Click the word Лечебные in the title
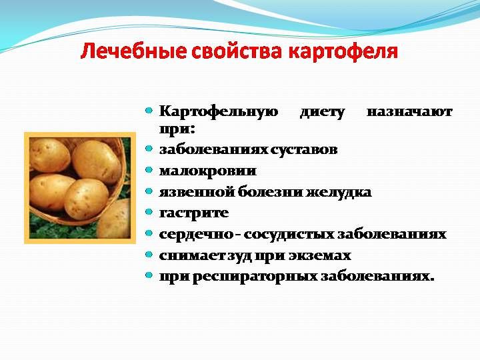pos(133,51)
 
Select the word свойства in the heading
pos(236,51)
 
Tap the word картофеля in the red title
pos(343,52)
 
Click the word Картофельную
pos(219,112)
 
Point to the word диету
pos(322,112)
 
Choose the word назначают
pos(409,112)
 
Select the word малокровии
pos(208,171)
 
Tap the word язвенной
pos(196,192)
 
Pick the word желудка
pos(339,192)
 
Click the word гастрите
pos(194,213)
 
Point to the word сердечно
pos(196,234)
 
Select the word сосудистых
pos(289,234)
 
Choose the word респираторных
pos(255,277)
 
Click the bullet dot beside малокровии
pos(149,170)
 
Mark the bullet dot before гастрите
pos(149,212)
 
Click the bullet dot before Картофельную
pos(149,110)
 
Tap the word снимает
pos(192,255)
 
